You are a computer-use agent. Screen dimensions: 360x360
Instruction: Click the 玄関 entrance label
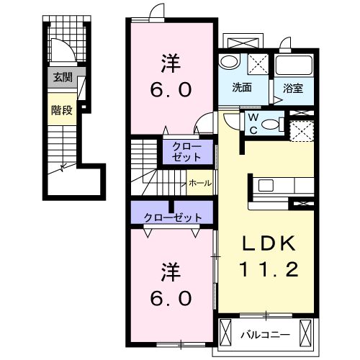pos(63,77)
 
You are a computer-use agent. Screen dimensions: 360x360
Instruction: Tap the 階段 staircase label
pos(62,110)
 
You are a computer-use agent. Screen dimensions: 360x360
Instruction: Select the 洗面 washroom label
pos(242,88)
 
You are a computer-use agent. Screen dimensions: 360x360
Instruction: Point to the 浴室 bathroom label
pos(293,89)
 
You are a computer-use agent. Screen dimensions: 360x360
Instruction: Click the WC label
pos(253,124)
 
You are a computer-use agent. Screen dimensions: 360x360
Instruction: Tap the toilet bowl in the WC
pos(271,125)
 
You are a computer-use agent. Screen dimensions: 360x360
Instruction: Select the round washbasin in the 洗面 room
pos(228,61)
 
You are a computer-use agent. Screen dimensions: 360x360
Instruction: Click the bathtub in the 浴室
pos(294,66)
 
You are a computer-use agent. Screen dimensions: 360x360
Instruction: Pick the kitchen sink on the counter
pos(266,185)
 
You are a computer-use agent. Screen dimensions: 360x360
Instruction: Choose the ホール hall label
pos(200,184)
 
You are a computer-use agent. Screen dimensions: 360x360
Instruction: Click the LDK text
pos(269,244)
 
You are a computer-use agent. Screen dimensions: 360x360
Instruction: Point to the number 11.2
pos(269,269)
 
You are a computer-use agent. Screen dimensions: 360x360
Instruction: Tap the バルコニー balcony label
pos(266,335)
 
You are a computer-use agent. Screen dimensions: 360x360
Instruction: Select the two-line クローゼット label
pos(186,152)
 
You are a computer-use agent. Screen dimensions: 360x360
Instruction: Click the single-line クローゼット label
pos(173,217)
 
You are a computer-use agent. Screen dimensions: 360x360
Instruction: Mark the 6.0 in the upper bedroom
pos(171,89)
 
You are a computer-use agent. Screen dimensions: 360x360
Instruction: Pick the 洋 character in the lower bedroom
pos(171,272)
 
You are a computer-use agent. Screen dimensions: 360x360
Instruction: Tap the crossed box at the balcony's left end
pos(225,332)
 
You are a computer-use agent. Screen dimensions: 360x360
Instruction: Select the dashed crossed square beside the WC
pos(302,131)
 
